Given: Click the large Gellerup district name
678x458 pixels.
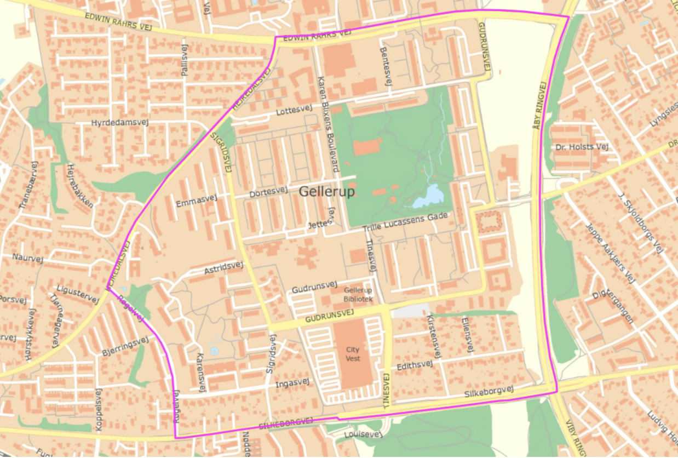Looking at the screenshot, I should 327,192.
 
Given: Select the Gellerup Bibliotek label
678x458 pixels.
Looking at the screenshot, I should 358,295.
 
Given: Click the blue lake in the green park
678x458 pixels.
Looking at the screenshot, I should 427,197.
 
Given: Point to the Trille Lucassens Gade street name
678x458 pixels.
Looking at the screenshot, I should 405,221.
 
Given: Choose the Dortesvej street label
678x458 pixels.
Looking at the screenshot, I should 268,192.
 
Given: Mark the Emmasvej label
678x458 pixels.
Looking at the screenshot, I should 197,201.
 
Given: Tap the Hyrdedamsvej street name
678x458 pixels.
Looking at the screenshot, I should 120,122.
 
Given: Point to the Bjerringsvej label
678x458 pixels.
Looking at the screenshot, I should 125,346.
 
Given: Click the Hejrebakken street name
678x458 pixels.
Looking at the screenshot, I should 79,185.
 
